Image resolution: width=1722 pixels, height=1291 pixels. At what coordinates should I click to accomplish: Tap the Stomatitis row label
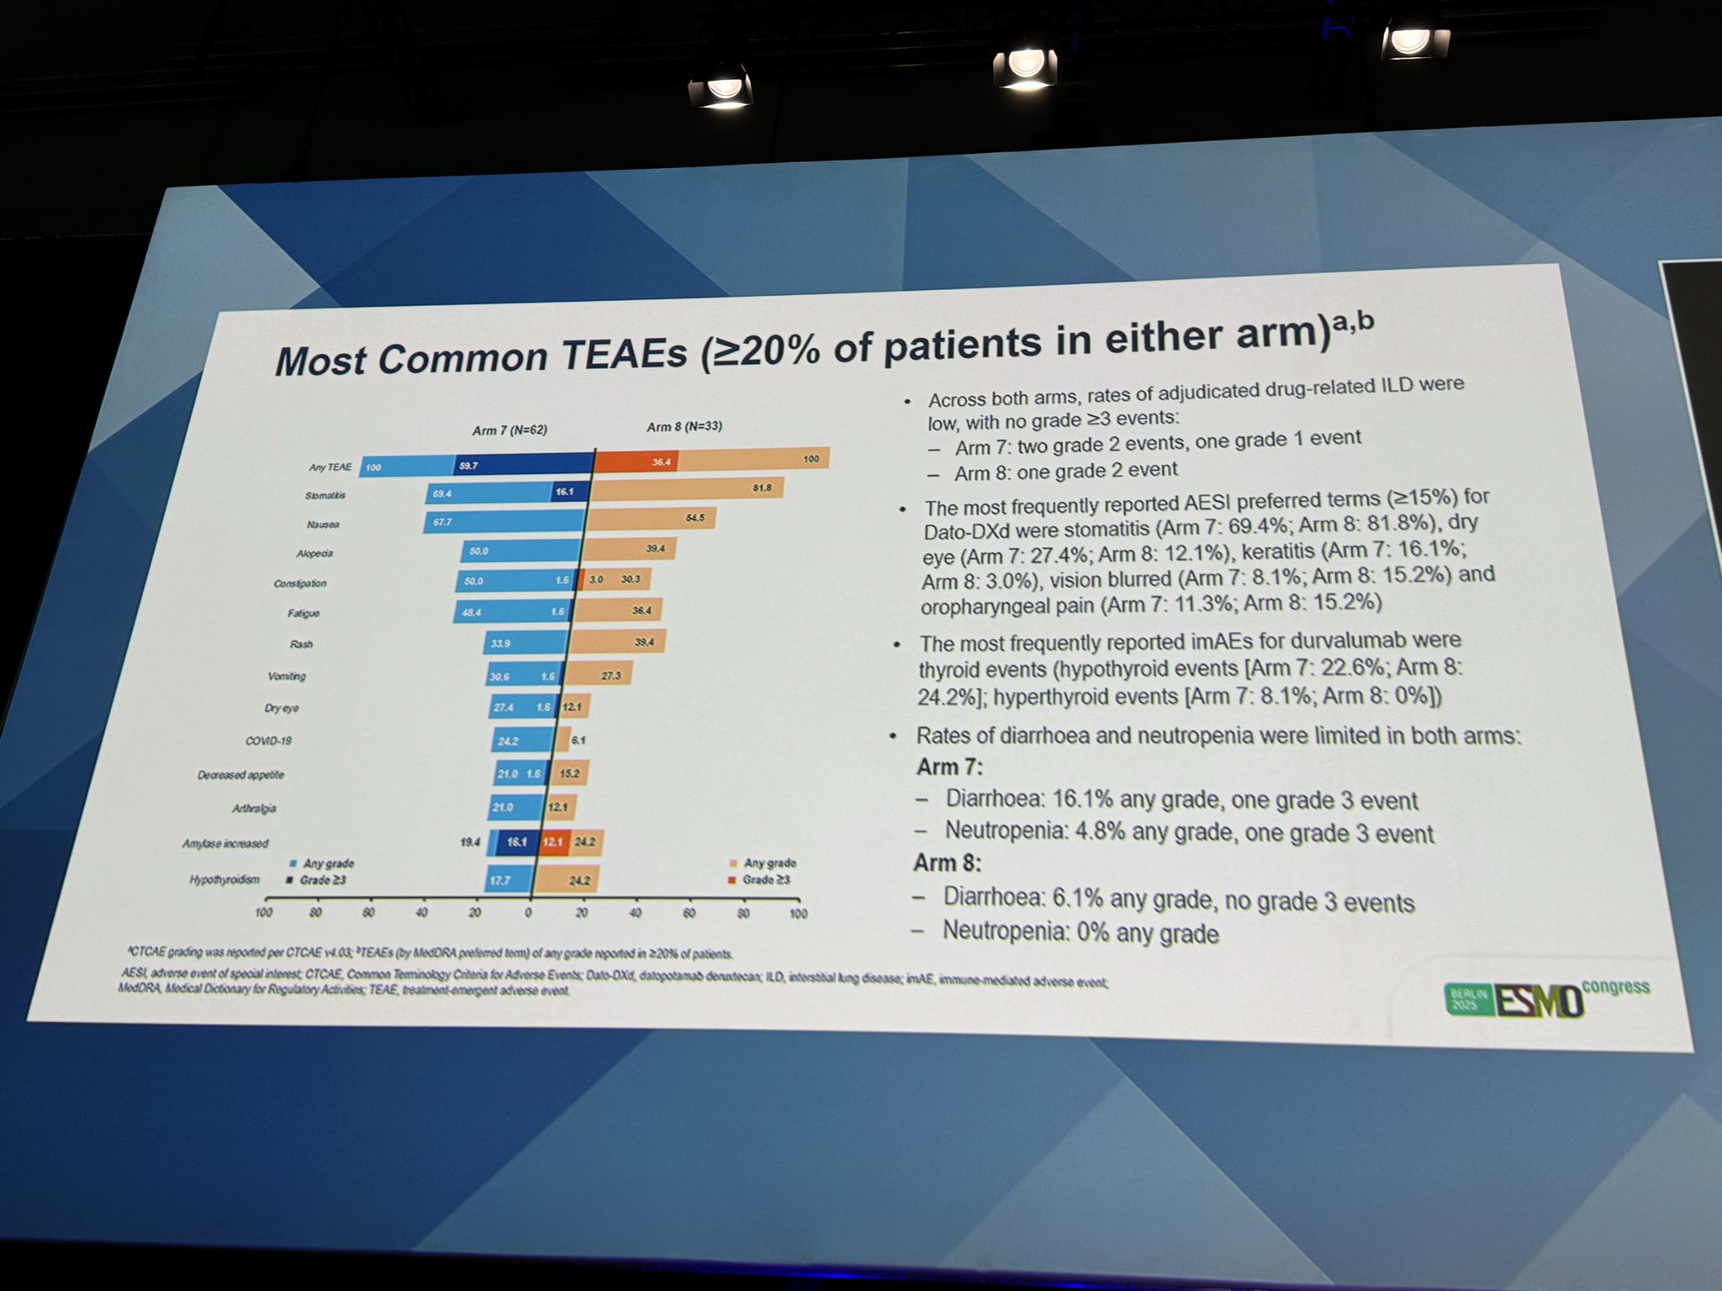point(325,496)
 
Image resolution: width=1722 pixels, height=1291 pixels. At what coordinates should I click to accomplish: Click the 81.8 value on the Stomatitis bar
point(762,487)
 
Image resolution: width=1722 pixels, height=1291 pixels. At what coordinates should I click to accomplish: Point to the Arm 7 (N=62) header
point(510,429)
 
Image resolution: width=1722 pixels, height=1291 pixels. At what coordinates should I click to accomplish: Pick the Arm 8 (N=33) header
point(684,426)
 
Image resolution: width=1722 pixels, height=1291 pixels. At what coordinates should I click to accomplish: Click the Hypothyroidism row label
point(224,880)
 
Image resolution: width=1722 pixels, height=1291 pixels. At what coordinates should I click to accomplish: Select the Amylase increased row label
point(225,843)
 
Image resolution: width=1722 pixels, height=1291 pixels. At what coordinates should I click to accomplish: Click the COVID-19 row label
point(268,740)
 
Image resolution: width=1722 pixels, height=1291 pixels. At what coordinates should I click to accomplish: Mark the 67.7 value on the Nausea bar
point(442,522)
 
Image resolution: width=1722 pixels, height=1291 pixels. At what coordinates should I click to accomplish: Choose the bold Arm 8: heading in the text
point(947,863)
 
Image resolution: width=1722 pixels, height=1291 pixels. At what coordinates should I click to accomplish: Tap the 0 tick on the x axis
point(529,912)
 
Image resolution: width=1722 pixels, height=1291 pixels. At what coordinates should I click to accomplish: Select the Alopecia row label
point(314,553)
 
